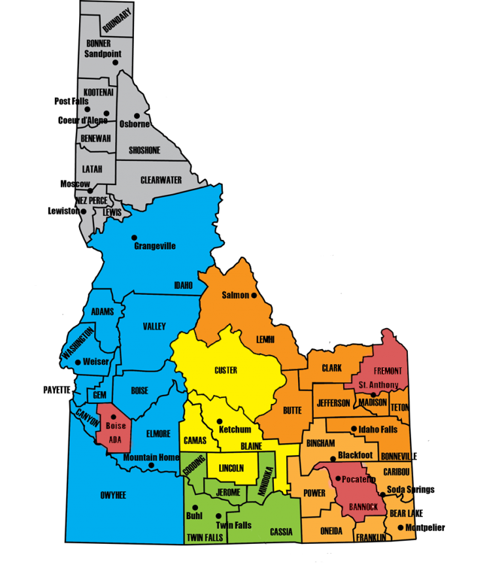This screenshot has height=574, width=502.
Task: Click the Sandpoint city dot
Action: [115, 63]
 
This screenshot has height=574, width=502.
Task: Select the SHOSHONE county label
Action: [144, 150]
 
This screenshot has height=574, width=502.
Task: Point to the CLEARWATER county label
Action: [161, 180]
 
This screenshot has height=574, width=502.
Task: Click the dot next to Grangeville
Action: [134, 237]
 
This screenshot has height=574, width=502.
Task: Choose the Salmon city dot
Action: [254, 295]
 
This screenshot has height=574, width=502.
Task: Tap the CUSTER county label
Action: [226, 371]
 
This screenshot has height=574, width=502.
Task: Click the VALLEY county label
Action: [154, 326]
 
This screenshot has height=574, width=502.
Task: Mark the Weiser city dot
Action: [78, 362]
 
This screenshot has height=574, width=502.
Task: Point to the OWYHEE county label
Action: [113, 496]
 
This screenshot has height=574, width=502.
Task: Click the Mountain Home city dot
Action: [151, 465]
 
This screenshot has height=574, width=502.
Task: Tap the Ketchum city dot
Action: [220, 422]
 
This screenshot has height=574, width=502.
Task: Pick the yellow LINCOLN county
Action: [231, 469]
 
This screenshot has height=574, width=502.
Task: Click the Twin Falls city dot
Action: [218, 516]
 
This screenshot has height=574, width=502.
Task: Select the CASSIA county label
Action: [281, 532]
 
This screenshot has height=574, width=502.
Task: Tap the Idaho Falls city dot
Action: [354, 430]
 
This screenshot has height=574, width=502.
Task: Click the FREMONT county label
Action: [388, 371]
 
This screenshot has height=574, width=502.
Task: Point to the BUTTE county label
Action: [292, 411]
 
